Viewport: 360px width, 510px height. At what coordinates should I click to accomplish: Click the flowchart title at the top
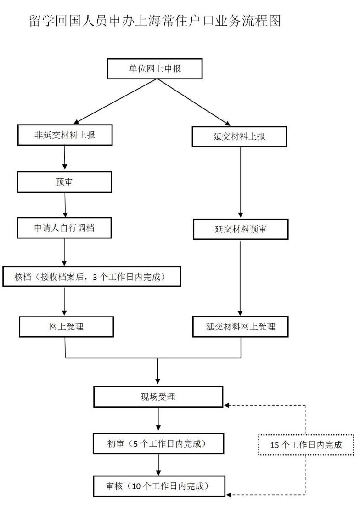(x=155, y=21)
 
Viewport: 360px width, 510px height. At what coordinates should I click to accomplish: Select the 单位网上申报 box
(x=155, y=68)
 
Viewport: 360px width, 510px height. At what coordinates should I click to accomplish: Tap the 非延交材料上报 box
(x=65, y=135)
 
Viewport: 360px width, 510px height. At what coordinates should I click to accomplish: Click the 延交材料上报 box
(x=239, y=136)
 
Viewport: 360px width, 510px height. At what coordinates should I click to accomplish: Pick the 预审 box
(x=64, y=182)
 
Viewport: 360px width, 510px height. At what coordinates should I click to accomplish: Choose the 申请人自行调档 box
(x=64, y=228)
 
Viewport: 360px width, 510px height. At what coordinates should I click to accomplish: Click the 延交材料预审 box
(x=241, y=229)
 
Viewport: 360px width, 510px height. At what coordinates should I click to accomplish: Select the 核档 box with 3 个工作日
(x=92, y=277)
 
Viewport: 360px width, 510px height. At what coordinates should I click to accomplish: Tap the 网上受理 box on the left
(x=66, y=327)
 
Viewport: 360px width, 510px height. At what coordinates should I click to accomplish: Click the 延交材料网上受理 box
(x=241, y=327)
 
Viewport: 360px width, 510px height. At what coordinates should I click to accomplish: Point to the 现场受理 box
(x=158, y=397)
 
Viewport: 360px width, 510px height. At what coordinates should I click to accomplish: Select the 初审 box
(x=158, y=444)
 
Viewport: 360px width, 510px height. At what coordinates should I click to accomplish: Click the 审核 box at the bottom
(x=159, y=486)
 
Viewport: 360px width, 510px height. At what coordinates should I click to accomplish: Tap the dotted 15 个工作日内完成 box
(x=306, y=445)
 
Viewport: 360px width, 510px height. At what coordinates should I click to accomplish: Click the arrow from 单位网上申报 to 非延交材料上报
(x=115, y=102)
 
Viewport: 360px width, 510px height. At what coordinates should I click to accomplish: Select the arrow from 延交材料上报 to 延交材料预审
(x=241, y=182)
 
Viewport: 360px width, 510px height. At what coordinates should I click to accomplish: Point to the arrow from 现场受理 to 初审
(x=158, y=419)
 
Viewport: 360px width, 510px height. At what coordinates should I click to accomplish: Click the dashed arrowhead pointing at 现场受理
(x=227, y=405)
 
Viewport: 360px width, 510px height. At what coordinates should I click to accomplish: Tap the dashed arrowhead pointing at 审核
(x=229, y=495)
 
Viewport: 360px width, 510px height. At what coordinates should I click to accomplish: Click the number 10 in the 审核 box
(x=136, y=487)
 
